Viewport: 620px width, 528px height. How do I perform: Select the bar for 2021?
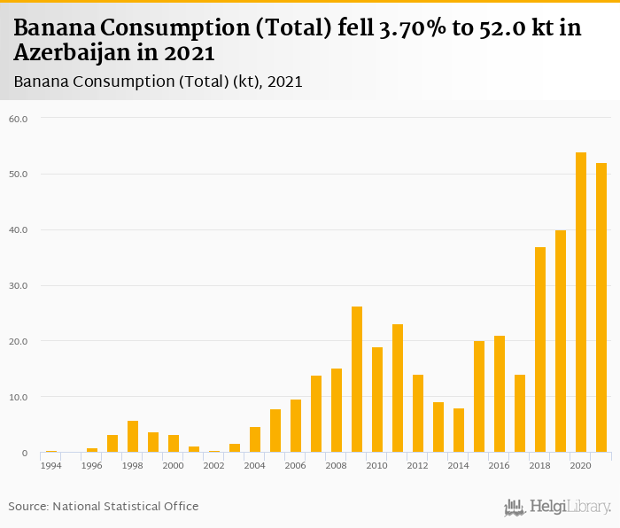[601, 307]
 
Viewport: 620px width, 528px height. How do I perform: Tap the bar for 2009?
[357, 379]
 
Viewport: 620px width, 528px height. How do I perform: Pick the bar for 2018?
[540, 350]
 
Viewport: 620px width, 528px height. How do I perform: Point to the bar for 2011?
[398, 388]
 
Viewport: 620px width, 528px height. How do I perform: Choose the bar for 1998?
[133, 437]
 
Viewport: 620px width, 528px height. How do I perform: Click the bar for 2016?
[500, 394]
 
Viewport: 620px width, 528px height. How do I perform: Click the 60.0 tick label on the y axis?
[19, 119]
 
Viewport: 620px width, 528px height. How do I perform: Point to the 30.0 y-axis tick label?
[19, 286]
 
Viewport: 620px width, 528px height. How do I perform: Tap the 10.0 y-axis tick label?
[19, 398]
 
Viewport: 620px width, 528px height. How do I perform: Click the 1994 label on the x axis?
[51, 465]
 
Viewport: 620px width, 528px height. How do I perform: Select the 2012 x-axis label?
[418, 465]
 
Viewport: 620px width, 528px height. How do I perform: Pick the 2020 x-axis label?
[581, 465]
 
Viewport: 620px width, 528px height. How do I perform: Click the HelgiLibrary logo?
[557, 507]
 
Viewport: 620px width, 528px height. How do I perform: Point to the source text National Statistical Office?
[125, 507]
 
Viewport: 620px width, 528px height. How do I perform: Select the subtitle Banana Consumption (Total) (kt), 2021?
[159, 82]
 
